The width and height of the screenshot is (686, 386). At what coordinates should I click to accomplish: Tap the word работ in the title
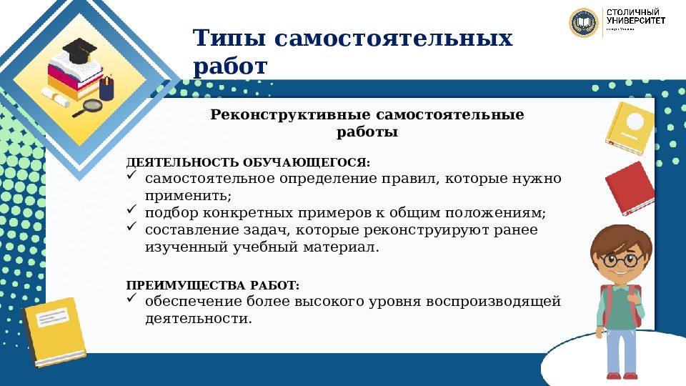click(230, 66)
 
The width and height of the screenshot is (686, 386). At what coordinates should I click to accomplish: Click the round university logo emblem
click(584, 23)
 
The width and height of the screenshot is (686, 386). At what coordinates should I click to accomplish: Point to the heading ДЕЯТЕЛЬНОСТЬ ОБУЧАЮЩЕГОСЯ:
click(249, 164)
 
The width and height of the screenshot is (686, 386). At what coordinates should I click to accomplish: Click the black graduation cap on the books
click(79, 51)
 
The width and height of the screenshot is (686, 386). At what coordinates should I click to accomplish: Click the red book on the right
click(630, 188)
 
